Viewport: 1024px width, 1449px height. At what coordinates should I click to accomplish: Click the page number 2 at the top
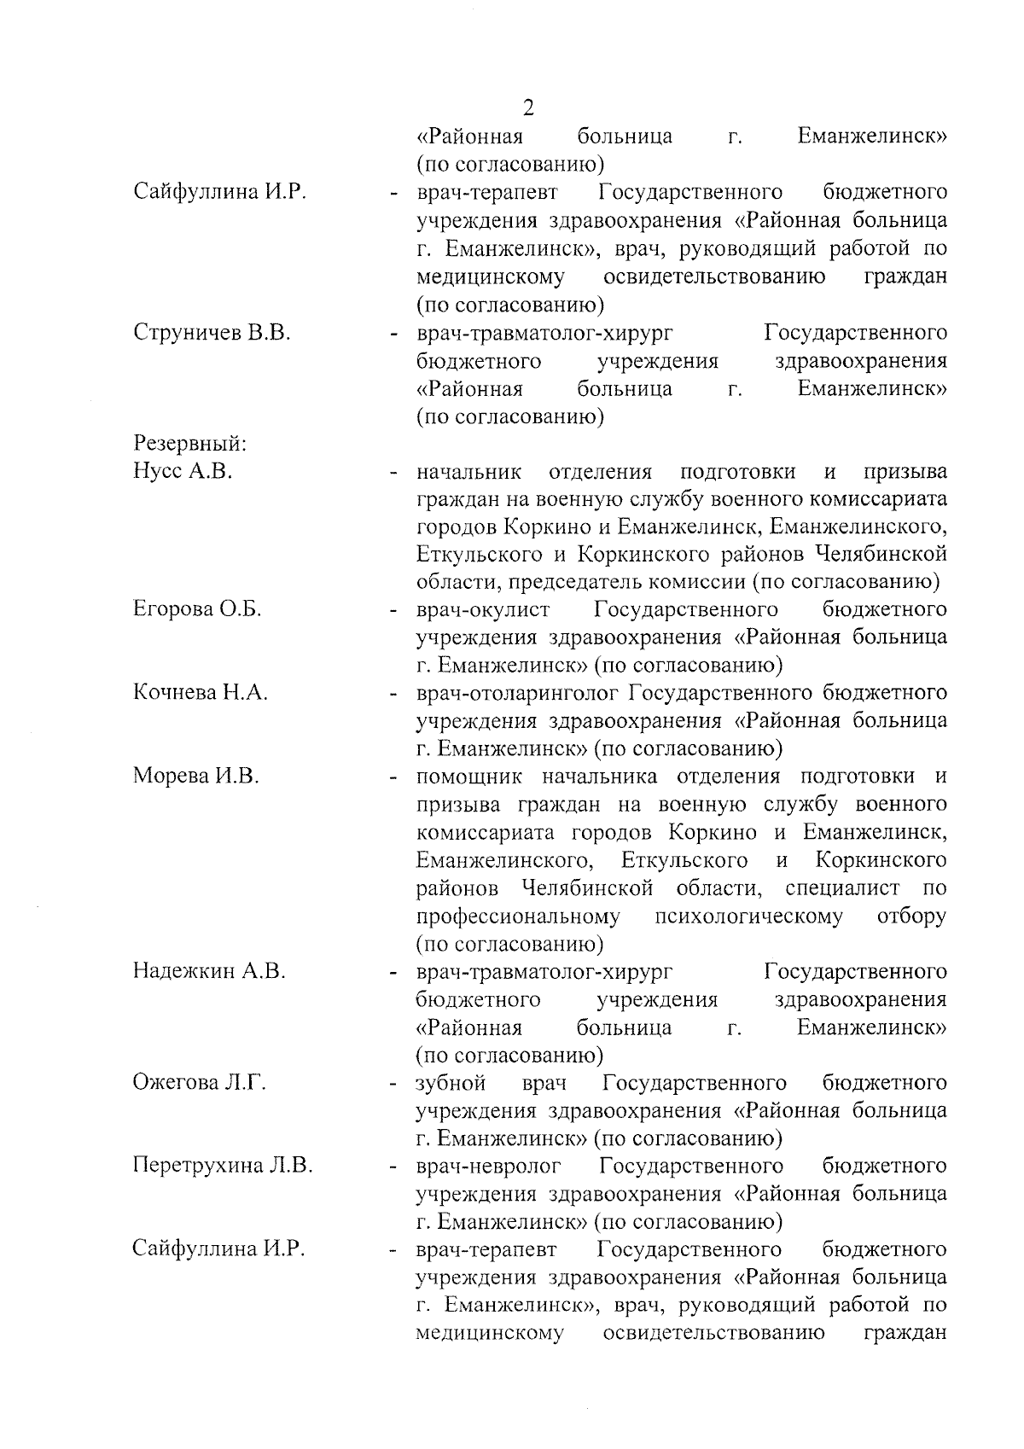528,108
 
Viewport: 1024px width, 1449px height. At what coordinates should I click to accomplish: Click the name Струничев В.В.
212,333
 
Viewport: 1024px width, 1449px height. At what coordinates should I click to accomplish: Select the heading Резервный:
189,444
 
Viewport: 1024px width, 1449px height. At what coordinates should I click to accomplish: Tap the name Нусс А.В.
183,472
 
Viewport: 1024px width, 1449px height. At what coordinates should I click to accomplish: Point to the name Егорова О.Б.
197,609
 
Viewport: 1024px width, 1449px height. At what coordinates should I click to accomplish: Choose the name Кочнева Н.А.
201,693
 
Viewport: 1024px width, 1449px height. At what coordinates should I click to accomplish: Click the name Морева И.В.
195,777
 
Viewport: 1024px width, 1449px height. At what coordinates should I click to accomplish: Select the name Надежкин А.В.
209,971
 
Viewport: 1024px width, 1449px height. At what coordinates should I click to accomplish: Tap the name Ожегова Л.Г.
200,1083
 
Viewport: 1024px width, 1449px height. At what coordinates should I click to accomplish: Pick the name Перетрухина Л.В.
222,1166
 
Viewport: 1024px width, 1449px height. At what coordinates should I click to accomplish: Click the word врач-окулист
483,609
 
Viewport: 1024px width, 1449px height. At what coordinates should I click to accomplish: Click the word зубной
451,1083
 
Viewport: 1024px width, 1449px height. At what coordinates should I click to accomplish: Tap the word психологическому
748,917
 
